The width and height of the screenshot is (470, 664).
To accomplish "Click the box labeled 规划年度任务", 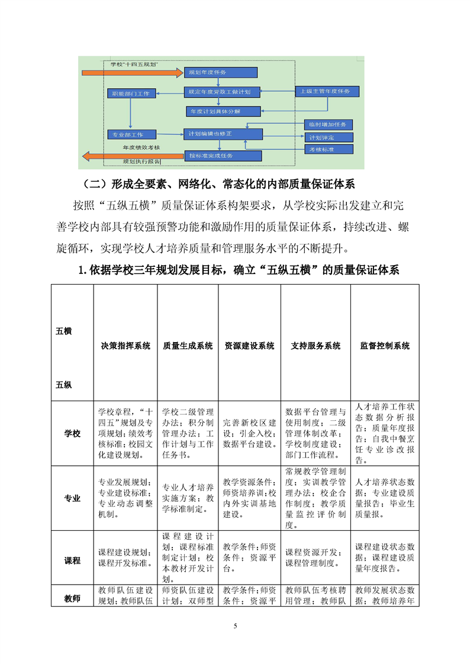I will [220, 72].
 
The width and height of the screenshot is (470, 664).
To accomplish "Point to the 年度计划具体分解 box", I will [214, 111].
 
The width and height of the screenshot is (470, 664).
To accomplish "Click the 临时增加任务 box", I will [328, 125].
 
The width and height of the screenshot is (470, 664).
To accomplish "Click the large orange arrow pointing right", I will [131, 73].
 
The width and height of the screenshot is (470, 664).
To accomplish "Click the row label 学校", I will [72, 433].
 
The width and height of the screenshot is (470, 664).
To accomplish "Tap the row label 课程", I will [72, 560].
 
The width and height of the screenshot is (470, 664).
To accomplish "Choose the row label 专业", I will [72, 498].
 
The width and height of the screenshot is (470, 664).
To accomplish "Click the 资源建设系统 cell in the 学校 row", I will [249, 433].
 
